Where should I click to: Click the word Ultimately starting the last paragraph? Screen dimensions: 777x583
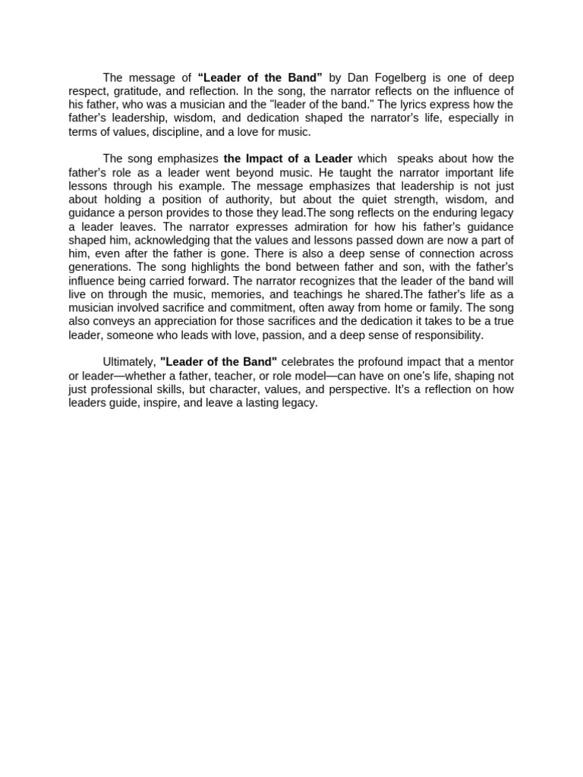129,363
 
